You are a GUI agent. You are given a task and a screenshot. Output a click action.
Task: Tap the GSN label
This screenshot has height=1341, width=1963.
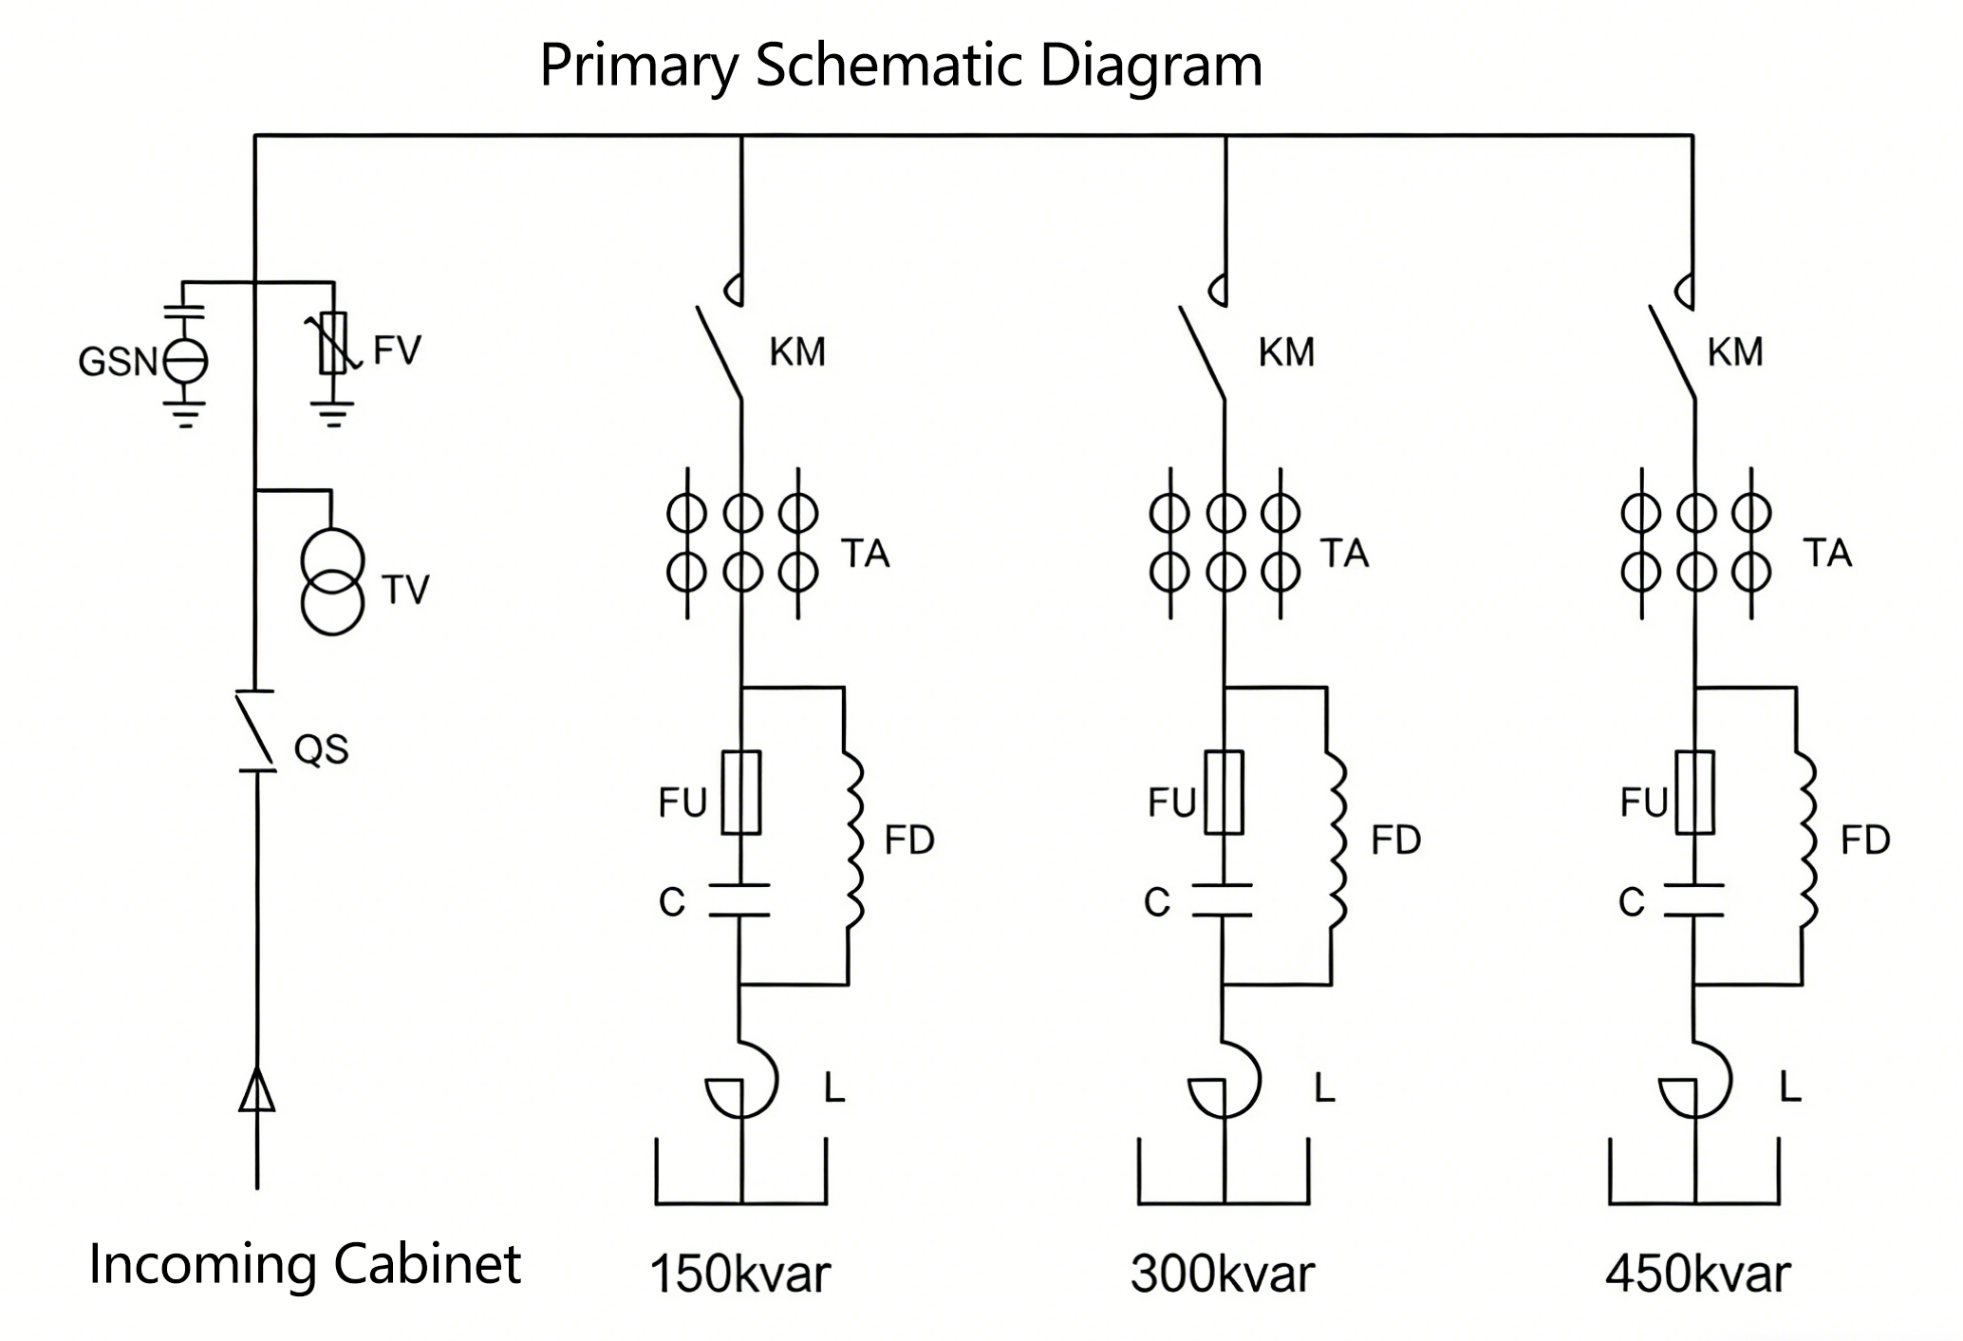(x=117, y=362)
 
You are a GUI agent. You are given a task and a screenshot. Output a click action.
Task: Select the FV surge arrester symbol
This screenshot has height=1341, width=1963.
(x=332, y=344)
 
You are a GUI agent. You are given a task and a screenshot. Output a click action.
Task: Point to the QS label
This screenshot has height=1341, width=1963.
(x=321, y=749)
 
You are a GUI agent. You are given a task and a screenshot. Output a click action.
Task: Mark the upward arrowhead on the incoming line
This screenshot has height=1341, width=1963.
(x=256, y=1089)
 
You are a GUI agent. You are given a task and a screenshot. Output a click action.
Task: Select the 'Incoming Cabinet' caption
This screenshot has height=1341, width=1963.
(x=305, y=1264)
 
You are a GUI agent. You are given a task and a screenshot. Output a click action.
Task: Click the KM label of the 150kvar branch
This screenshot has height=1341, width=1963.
(x=797, y=352)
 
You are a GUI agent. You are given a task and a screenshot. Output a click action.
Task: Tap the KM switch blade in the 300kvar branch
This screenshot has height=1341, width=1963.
(x=1202, y=352)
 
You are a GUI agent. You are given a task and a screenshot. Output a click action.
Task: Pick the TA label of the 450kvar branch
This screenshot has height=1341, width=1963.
(x=1827, y=553)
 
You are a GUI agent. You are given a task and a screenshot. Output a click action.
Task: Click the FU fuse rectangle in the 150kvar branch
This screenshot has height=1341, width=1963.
(x=741, y=793)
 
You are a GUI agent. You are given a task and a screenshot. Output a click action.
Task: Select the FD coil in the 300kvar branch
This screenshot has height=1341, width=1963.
(x=1337, y=840)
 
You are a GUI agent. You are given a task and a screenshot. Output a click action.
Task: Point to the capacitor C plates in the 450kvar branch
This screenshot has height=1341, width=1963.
(x=1693, y=900)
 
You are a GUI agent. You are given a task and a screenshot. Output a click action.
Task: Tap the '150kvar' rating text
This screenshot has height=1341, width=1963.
(x=739, y=1275)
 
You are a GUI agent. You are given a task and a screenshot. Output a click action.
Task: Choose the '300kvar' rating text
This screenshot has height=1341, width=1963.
(x=1223, y=1275)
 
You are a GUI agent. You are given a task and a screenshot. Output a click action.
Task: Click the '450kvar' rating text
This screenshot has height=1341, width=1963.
(x=1697, y=1275)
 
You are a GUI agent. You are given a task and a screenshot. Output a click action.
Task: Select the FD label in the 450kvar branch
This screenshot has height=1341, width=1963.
(x=1865, y=840)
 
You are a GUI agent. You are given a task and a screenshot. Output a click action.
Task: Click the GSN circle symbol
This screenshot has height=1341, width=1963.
(x=185, y=361)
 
